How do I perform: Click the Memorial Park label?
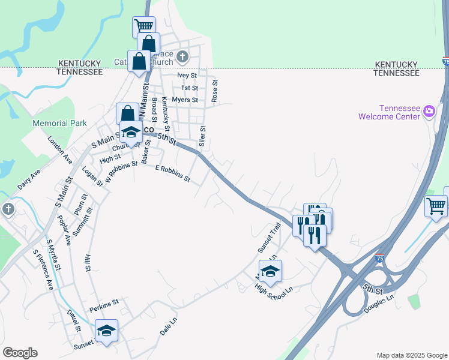click(x=60, y=124)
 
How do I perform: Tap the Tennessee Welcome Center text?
click(x=389, y=112)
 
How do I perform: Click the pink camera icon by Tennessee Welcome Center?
click(x=429, y=111)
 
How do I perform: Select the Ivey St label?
click(x=187, y=76)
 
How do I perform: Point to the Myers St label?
click(x=184, y=100)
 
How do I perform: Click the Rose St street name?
click(x=215, y=91)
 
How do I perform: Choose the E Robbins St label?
click(x=173, y=173)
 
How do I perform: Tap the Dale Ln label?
click(x=169, y=330)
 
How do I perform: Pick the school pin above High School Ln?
click(x=270, y=272)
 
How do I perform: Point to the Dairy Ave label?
click(x=29, y=179)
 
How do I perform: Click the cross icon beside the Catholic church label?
click(x=183, y=58)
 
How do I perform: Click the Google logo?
click(x=20, y=353)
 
